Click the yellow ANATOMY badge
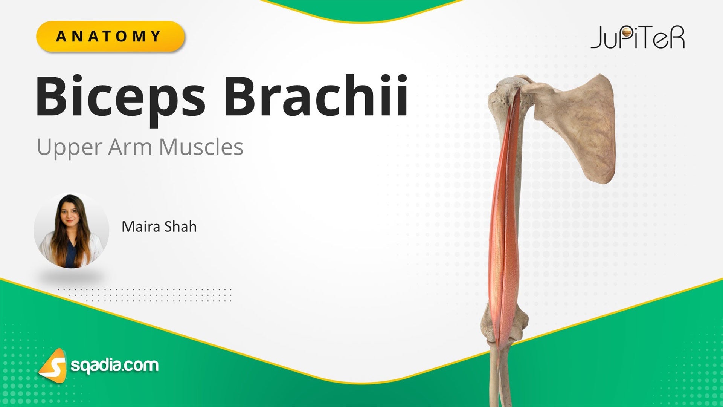pyautogui.click(x=110, y=37)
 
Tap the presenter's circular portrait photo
pyautogui.click(x=71, y=230)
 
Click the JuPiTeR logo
pyautogui.click(x=638, y=38)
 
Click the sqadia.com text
pyautogui.click(x=115, y=365)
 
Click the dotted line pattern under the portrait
pyautogui.click(x=145, y=295)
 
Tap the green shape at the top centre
pyautogui.click(x=361, y=9)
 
